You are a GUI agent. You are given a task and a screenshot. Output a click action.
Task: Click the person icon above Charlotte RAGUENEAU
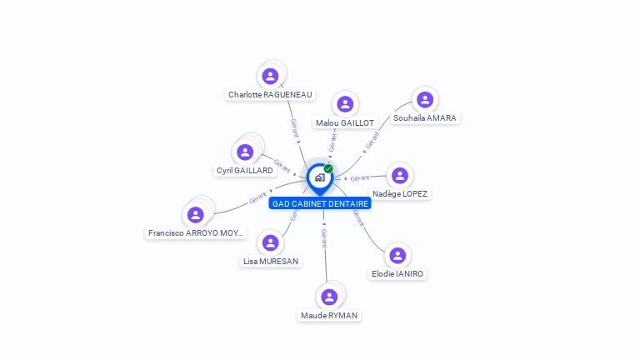click(270, 77)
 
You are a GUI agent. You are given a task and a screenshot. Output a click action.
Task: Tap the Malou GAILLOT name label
click(344, 122)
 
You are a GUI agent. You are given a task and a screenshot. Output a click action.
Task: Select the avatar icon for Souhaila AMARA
click(425, 100)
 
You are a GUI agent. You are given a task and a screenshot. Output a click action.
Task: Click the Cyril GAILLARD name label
click(244, 170)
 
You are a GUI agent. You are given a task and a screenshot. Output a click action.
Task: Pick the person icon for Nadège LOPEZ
click(400, 175)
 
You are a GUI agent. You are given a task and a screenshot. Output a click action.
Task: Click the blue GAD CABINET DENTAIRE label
click(320, 203)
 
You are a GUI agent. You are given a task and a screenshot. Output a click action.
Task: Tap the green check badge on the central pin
click(328, 169)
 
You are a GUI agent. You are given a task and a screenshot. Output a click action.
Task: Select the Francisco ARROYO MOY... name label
click(196, 232)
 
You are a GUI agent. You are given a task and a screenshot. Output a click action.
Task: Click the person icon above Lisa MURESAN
click(270, 242)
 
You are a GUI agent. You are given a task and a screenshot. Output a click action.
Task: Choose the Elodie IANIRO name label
click(397, 273)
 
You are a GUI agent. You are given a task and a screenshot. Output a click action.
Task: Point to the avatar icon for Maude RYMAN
click(329, 297)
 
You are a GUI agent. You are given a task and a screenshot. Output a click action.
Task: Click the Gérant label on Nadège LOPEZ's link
click(360, 178)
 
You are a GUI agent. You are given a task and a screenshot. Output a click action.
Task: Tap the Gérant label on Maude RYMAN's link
click(324, 238)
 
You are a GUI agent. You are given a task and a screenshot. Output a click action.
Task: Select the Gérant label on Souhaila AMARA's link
click(372, 139)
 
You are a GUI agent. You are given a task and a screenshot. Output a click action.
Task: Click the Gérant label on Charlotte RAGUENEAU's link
click(294, 127)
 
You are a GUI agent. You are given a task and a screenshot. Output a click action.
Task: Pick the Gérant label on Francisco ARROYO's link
click(257, 198)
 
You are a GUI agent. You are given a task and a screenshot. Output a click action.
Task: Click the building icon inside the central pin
click(319, 177)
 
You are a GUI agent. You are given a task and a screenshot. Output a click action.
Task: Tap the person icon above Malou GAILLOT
click(345, 104)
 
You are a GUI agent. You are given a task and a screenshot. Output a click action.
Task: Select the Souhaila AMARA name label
click(424, 118)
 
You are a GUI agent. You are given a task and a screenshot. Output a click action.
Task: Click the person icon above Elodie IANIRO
click(397, 255)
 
